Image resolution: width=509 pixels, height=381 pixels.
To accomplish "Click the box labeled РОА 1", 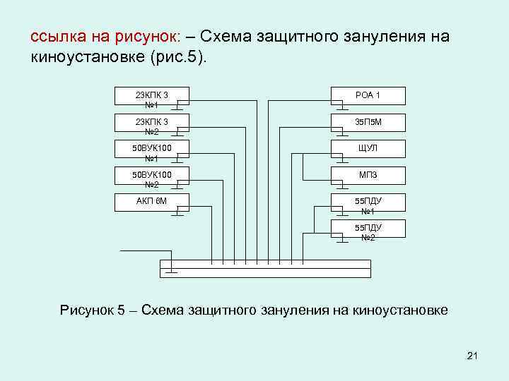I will click(x=368, y=95).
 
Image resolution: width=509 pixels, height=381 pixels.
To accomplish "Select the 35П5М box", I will click(x=368, y=122).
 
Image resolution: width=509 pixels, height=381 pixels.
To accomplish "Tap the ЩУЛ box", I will click(x=368, y=148).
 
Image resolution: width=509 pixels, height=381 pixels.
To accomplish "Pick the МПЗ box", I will click(x=368, y=175).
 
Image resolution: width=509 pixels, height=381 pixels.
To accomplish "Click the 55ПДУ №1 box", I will click(x=368, y=202).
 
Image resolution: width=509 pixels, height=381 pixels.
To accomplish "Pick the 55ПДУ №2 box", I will click(x=368, y=229).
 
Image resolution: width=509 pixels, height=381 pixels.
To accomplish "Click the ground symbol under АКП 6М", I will click(x=178, y=212).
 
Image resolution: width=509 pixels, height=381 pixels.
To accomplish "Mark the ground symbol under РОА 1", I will click(x=342, y=108).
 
